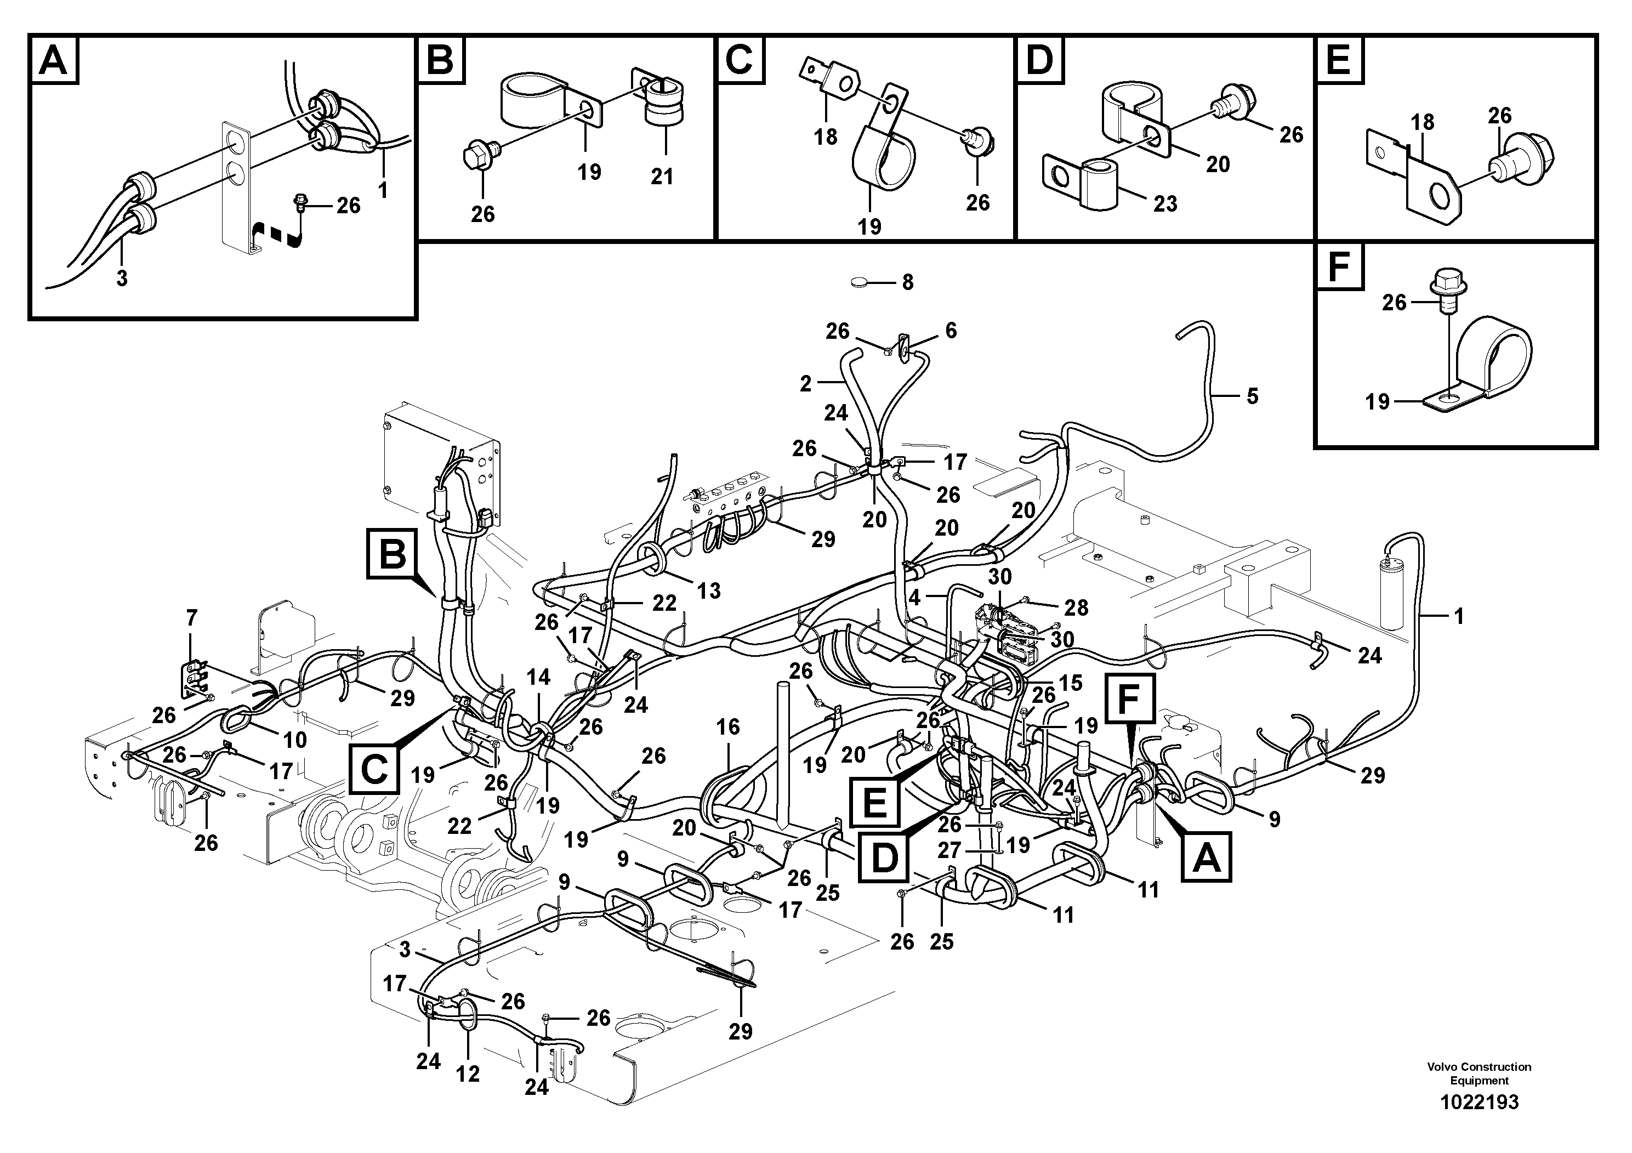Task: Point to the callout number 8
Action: pyautogui.click(x=908, y=283)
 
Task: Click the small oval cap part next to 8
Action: pyautogui.click(x=860, y=283)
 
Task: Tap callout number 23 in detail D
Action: pyautogui.click(x=1165, y=204)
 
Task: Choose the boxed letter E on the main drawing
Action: pyautogui.click(x=874, y=803)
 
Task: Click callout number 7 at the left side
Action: pyautogui.click(x=191, y=618)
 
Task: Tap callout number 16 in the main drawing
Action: pyautogui.click(x=728, y=726)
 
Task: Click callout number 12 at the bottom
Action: pyautogui.click(x=468, y=1074)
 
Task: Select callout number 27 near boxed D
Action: pyautogui.click(x=949, y=850)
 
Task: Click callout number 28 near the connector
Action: pyautogui.click(x=1076, y=608)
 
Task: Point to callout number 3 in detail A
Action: pyautogui.click(x=122, y=279)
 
